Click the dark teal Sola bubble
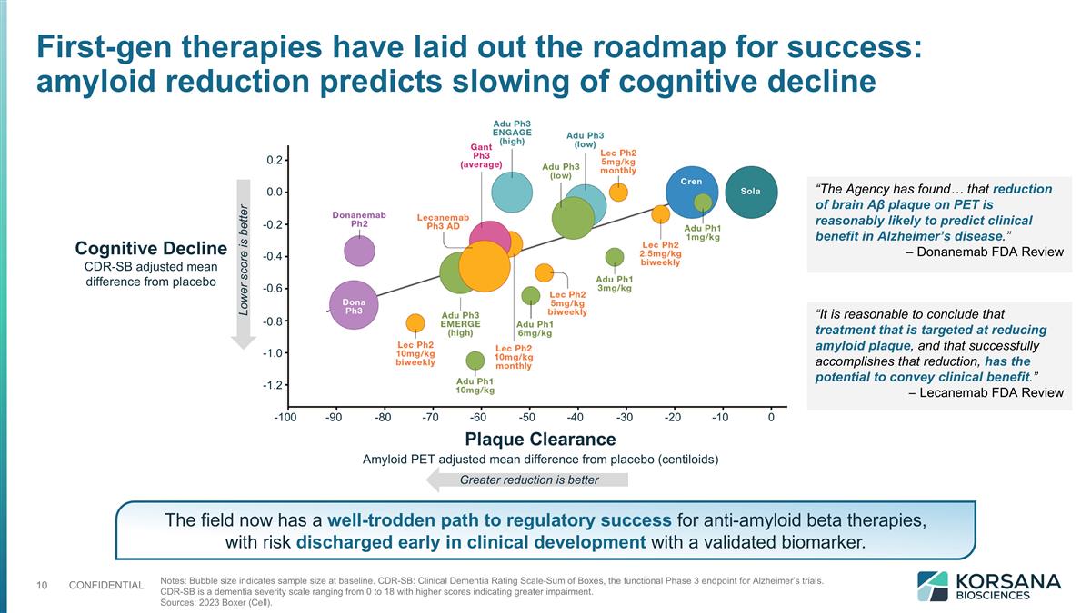point(751,193)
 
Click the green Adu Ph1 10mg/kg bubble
point(475,361)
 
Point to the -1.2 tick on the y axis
point(270,385)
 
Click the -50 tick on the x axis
point(527,418)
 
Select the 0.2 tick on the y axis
point(272,160)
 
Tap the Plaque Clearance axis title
point(540,440)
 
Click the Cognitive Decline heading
point(151,249)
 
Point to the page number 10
point(42,585)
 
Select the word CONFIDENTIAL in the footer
point(105,585)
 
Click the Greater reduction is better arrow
point(528,480)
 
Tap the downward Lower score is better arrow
point(244,263)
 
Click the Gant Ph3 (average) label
point(481,155)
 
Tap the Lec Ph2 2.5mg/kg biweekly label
point(660,253)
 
